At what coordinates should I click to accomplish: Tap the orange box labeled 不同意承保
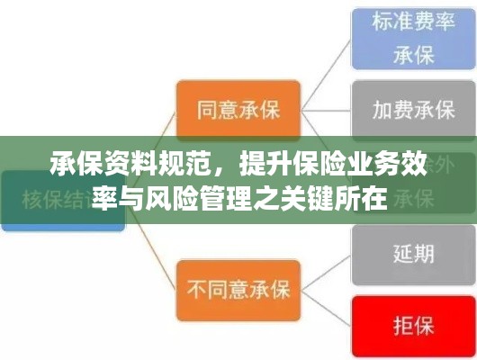tap(237, 289)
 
